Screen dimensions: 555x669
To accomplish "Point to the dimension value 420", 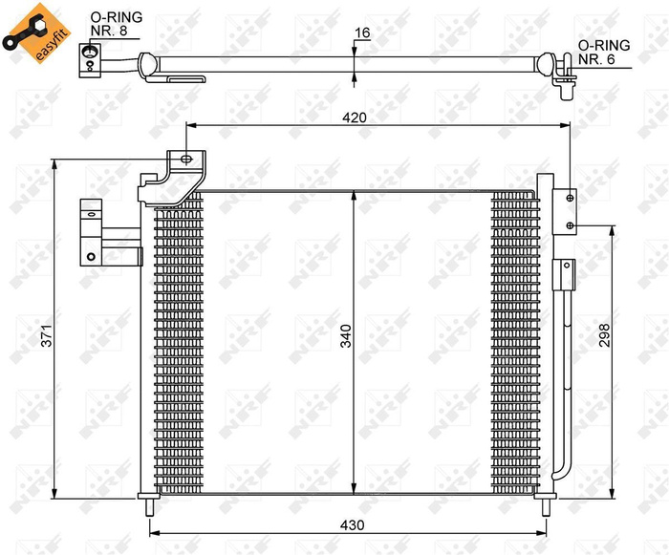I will click(x=356, y=117).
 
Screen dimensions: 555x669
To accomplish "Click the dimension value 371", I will click(x=42, y=336).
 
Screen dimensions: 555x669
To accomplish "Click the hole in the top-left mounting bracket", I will click(x=185, y=160).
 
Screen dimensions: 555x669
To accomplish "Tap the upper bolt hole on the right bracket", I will click(x=570, y=198).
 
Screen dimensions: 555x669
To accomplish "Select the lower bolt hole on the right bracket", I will click(x=570, y=225).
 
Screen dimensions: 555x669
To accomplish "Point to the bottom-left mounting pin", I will click(x=149, y=507).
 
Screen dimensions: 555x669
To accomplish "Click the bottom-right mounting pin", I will click(x=546, y=507).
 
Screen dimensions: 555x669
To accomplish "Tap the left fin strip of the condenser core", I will click(x=179, y=344).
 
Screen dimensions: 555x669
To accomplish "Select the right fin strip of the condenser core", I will click(x=515, y=344).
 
